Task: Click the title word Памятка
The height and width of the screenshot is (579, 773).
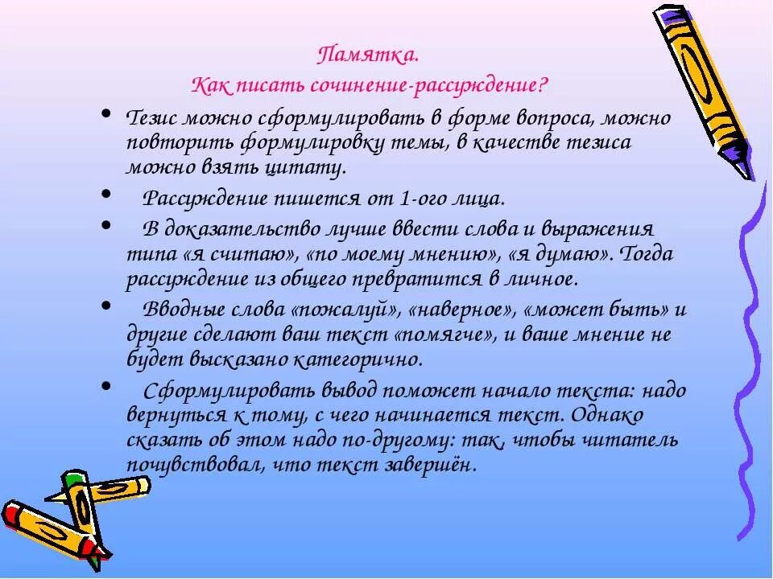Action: pyautogui.click(x=367, y=56)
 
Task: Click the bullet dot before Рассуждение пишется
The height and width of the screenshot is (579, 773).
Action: pyautogui.click(x=107, y=194)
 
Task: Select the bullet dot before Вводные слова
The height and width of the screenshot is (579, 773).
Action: pyautogui.click(x=107, y=306)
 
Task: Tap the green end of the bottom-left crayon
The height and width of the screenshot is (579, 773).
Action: pyautogui.click(x=75, y=480)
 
